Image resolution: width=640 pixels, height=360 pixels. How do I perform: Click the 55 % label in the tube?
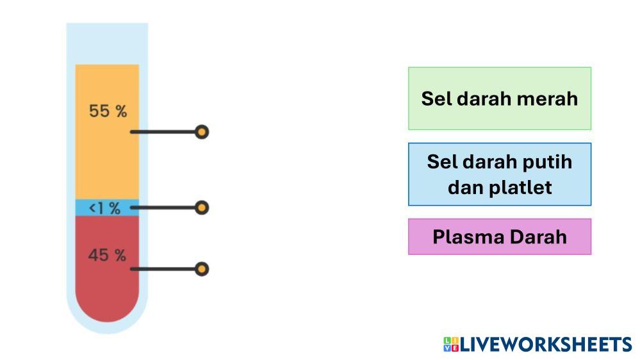coord(108,111)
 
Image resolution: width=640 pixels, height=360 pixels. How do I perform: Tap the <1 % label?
coord(104,208)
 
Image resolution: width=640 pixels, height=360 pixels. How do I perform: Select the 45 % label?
coord(107,255)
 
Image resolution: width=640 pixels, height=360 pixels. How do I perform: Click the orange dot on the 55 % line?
coord(202,133)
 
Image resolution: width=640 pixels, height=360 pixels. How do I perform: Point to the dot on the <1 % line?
coord(202,208)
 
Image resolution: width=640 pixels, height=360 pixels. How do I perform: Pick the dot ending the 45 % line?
coord(202,268)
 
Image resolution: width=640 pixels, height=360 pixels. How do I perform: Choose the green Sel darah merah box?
coord(499,99)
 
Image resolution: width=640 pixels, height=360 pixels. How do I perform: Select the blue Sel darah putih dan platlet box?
coord(499,174)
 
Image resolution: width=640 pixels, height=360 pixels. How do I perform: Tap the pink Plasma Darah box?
coord(499,236)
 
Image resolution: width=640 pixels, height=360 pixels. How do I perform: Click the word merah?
coord(550,99)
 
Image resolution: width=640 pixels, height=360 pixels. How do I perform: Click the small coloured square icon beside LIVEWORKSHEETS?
coord(450,344)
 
